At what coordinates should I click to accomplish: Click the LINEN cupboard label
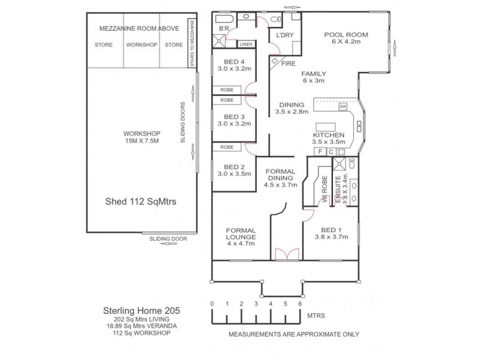[246, 44]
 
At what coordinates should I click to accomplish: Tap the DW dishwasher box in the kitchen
[343, 107]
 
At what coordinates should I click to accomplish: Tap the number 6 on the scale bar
[300, 304]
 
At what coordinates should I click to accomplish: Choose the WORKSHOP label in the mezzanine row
[142, 45]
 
